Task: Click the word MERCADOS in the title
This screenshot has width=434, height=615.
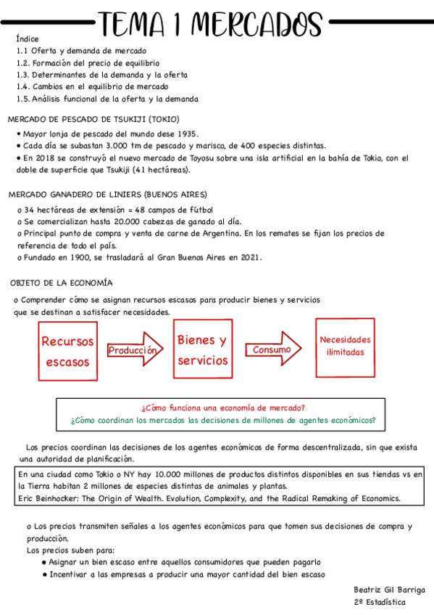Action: coord(259,25)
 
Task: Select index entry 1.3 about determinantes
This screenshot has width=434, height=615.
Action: coord(102,75)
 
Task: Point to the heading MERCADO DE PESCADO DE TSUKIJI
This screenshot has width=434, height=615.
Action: coord(93,119)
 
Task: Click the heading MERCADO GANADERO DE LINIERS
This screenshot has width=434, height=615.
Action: coord(107,194)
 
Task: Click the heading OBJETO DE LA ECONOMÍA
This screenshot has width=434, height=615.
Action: coord(62,282)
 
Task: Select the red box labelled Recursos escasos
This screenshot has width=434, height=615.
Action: coord(68,350)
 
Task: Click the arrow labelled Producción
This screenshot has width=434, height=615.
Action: coord(133,351)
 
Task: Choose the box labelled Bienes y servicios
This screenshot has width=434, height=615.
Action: coord(202,350)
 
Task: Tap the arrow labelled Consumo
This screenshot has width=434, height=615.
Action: coord(274,350)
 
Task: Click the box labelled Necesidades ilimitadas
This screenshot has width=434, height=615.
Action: coord(345,346)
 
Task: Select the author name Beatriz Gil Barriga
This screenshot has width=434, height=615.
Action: coord(389,590)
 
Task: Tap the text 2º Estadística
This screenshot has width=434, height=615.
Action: coord(380,602)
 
